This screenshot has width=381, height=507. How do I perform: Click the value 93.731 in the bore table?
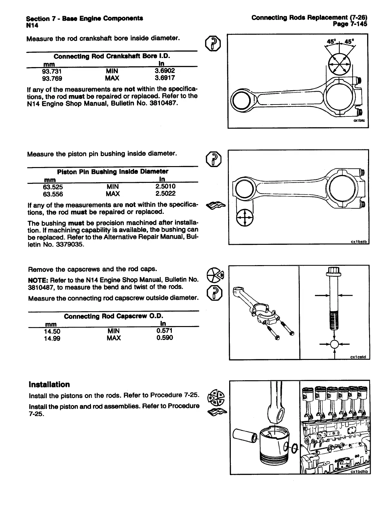pyautogui.click(x=52, y=71)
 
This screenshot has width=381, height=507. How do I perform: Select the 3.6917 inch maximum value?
pyautogui.click(x=165, y=78)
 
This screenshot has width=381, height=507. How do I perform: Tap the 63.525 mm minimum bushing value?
pyautogui.click(x=53, y=187)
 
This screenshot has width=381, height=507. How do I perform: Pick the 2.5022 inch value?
pyautogui.click(x=165, y=194)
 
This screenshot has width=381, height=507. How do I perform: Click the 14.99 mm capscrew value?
pyautogui.click(x=52, y=338)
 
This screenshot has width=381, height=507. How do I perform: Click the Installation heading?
pyautogui.click(x=49, y=384)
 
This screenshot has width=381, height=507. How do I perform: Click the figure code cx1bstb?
pyautogui.click(x=360, y=242)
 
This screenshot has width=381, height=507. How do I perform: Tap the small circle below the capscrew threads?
pyautogui.click(x=334, y=344)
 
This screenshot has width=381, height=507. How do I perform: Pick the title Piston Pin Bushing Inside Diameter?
pyautogui.click(x=112, y=171)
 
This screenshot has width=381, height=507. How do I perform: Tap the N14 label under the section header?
pyautogui.click(x=32, y=25)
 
